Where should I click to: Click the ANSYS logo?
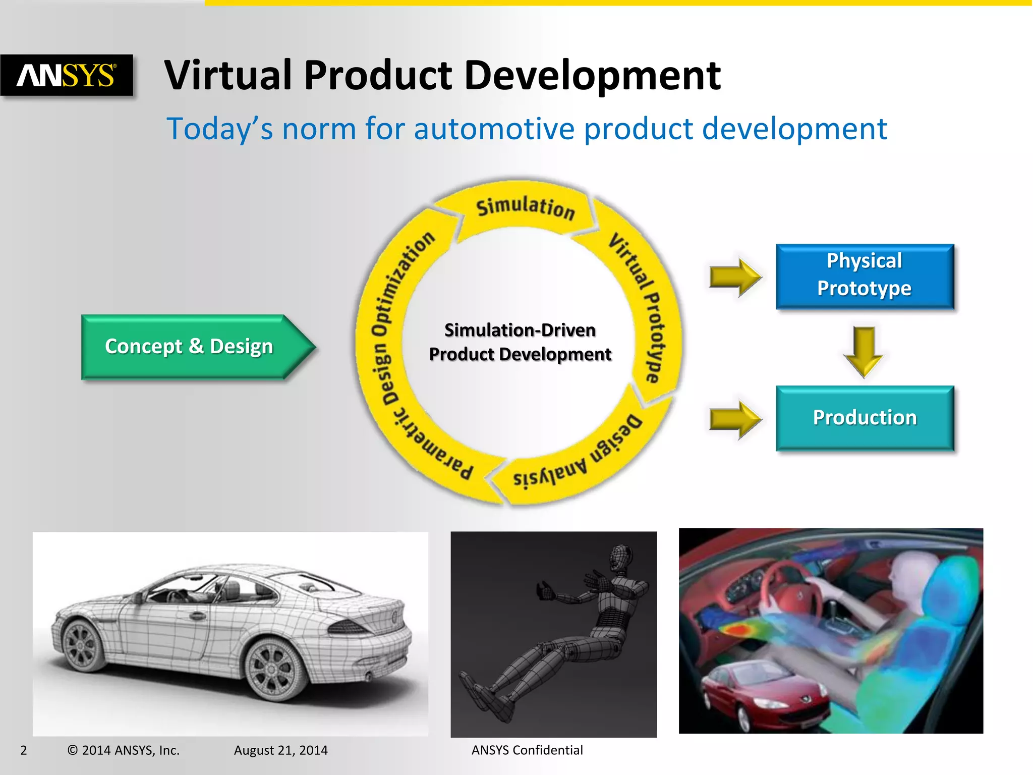coord(67,75)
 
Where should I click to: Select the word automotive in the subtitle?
coord(494,129)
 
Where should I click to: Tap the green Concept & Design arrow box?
coord(189,347)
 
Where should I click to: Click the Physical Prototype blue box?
coord(865,275)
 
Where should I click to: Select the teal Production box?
coord(865,418)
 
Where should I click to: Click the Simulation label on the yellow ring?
coord(525,207)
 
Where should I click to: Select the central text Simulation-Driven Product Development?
coord(520,342)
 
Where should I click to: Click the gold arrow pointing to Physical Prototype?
coord(735,276)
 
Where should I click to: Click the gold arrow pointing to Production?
coord(735,419)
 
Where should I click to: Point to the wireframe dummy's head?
coord(621,557)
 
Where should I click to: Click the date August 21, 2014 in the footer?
coord(280,750)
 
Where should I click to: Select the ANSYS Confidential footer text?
coord(527,750)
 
